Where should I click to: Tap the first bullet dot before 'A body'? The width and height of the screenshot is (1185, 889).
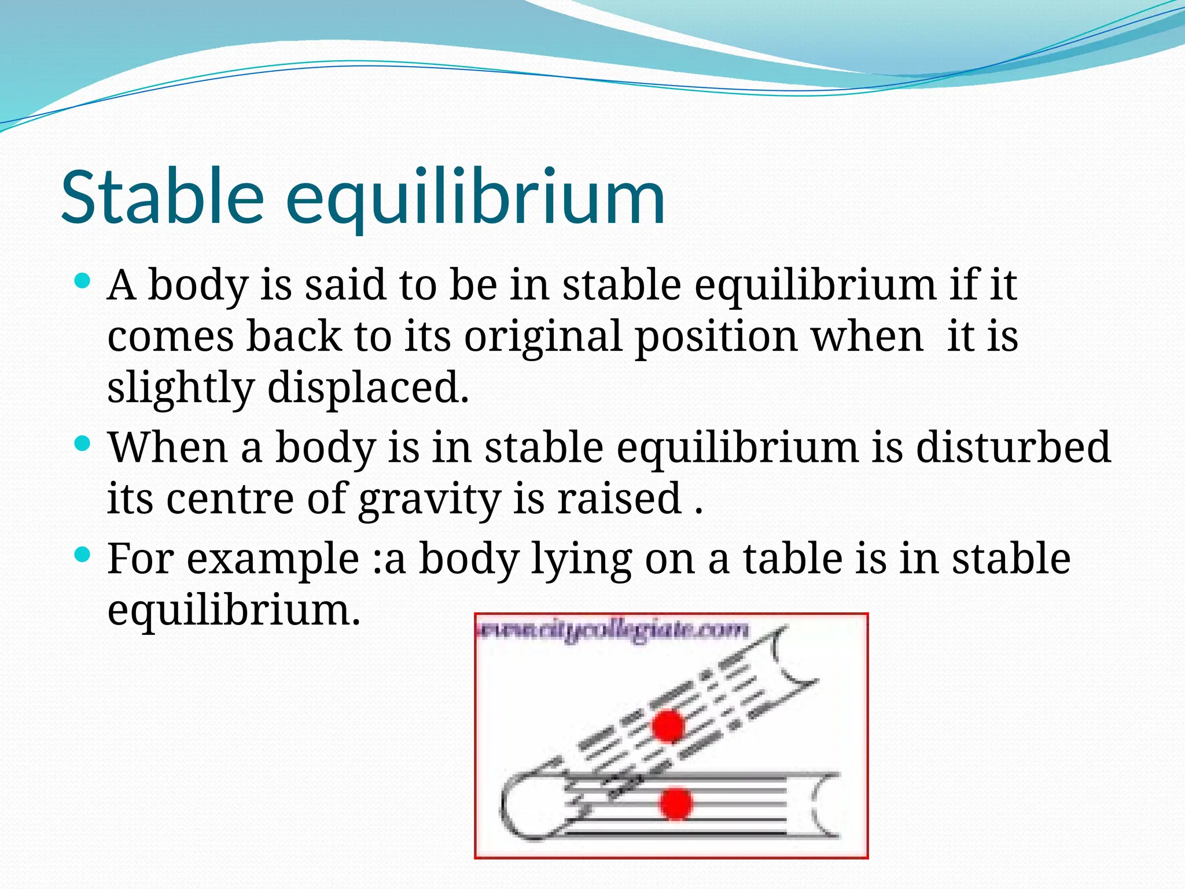point(83,282)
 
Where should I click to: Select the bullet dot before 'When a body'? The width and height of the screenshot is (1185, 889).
point(83,444)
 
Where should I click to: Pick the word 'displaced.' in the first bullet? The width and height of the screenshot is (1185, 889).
point(368,388)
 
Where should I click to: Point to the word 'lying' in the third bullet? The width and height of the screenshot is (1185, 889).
point(581,560)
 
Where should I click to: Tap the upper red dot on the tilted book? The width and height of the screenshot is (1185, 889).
point(668,726)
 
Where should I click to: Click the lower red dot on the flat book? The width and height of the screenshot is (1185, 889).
point(675,803)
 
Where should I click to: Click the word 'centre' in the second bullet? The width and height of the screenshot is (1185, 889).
point(230,499)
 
